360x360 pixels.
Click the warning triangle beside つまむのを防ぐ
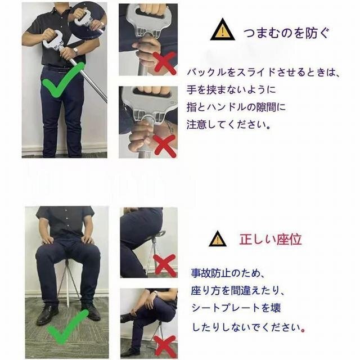tap(222, 30)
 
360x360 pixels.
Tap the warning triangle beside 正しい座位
tap(218, 240)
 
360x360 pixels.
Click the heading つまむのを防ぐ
tap(286, 33)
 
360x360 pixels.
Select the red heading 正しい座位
tap(270, 240)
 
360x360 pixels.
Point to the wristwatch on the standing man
tap(75, 51)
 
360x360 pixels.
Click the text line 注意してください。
tap(228, 124)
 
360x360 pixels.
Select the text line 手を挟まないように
tap(231, 89)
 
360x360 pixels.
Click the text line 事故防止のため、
tap(228, 273)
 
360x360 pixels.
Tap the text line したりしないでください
tap(249, 327)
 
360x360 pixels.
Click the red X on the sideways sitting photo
tap(165, 265)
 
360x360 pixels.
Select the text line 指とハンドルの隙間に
tap(236, 107)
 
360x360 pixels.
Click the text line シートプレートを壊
tap(236, 308)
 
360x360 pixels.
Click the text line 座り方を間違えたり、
tap(238, 290)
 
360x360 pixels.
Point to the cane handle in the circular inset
tap(83, 18)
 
